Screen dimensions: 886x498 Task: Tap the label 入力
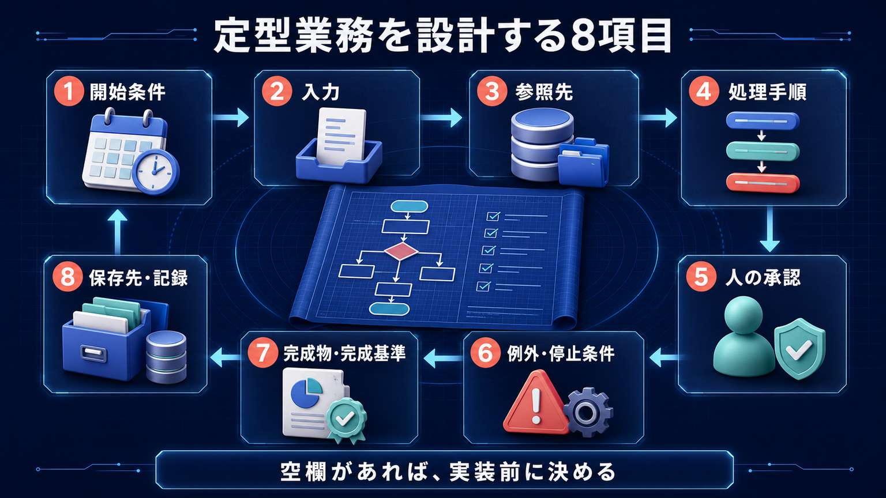pos(321,92)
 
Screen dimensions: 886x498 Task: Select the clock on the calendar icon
pos(155,172)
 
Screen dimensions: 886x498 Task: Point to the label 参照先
pos(545,92)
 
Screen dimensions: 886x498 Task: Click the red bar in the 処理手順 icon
pos(763,183)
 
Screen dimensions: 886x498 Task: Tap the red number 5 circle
pos(701,277)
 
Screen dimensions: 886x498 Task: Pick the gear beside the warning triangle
pos(588,412)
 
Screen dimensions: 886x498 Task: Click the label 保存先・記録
pos(138,278)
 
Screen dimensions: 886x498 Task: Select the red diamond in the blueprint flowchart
pos(401,252)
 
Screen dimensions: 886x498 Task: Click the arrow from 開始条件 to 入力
pos(231,118)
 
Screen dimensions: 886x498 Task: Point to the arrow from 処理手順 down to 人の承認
pos(769,229)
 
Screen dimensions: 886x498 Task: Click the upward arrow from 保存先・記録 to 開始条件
pos(118,232)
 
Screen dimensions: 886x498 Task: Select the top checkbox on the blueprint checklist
pos(493,216)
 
